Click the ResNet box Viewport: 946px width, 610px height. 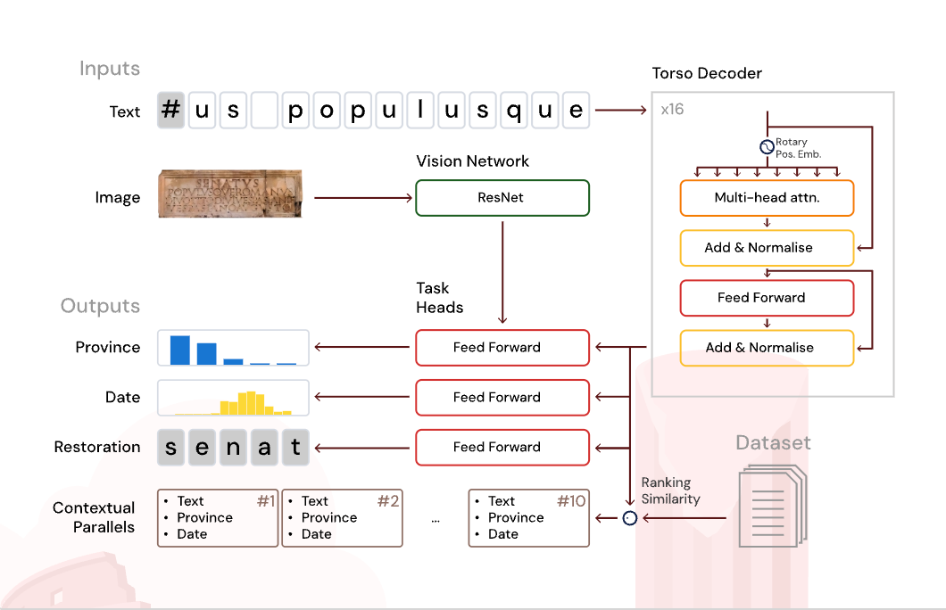[x=502, y=198]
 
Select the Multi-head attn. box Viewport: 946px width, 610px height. [x=767, y=198]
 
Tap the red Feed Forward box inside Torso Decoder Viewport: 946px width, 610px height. [x=767, y=298]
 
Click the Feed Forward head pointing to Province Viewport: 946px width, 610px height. [x=502, y=348]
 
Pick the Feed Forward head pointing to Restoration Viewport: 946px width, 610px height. [x=502, y=448]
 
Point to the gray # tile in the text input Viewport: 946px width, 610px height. [x=171, y=111]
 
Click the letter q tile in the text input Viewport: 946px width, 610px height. [x=514, y=111]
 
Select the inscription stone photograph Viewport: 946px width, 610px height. [x=231, y=194]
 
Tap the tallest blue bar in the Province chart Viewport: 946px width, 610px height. [x=180, y=350]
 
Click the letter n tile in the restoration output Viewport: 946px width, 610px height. [x=234, y=448]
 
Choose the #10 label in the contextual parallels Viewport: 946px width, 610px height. [x=571, y=501]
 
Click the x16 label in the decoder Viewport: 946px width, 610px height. [x=672, y=110]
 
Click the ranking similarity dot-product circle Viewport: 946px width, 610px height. [x=630, y=517]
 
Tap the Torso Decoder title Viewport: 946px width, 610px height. [x=707, y=73]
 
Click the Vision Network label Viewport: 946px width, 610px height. [x=472, y=161]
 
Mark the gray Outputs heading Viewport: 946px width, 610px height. [x=100, y=306]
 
